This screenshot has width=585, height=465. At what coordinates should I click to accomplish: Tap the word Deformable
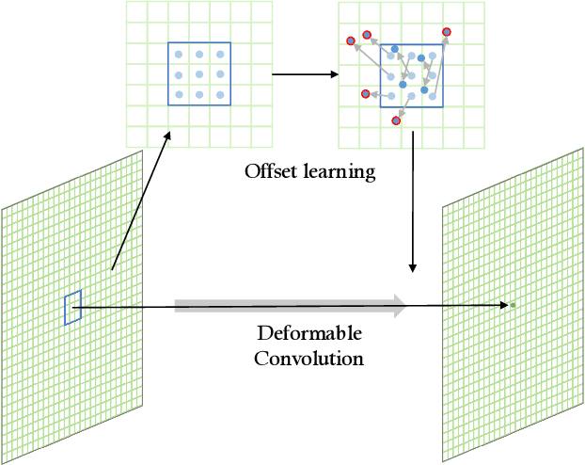(x=309, y=335)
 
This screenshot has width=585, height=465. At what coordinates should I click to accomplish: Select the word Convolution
(x=309, y=359)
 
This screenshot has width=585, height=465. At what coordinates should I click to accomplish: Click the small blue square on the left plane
(x=72, y=309)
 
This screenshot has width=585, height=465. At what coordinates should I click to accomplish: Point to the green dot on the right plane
(x=513, y=305)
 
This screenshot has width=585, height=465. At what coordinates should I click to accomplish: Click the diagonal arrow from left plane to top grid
(x=141, y=200)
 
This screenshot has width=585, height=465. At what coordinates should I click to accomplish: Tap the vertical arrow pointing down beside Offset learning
(x=413, y=207)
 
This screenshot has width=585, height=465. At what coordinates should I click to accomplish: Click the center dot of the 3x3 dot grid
(x=199, y=72)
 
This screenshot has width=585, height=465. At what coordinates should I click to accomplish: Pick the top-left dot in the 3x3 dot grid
(x=179, y=56)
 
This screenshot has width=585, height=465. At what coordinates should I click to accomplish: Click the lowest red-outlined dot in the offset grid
(x=398, y=120)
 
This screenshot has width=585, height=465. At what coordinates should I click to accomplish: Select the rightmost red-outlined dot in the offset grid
(x=446, y=32)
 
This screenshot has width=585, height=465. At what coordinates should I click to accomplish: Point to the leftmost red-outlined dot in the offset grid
(x=351, y=40)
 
